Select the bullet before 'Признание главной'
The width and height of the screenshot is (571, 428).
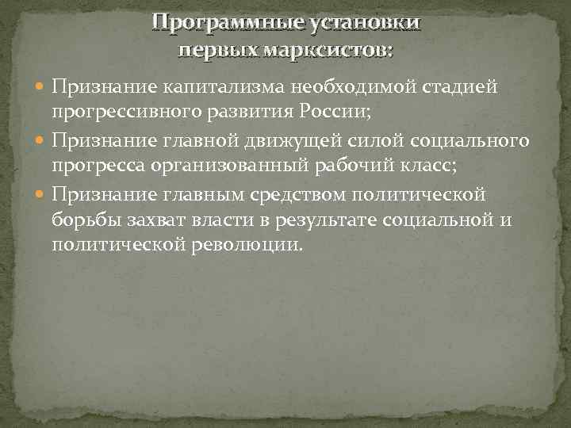(x=42, y=142)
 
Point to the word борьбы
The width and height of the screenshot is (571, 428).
(x=84, y=219)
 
